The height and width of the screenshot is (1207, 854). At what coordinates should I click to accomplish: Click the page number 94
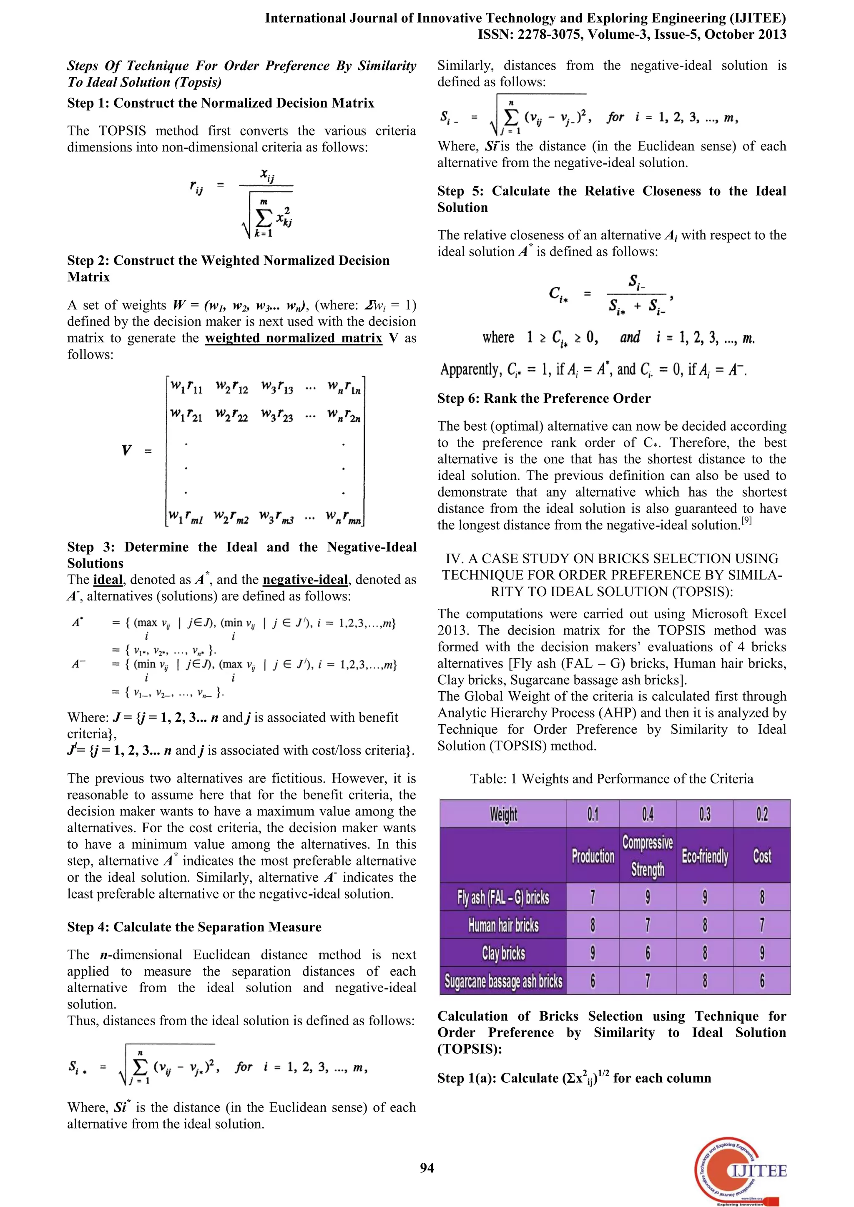coord(427,1167)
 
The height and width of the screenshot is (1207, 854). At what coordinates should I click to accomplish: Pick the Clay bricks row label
coord(503,953)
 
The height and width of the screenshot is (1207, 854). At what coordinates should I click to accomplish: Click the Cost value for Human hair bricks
coord(761,925)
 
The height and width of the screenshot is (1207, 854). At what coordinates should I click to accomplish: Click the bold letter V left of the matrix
coord(126,451)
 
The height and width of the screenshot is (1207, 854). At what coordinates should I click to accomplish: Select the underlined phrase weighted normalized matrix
coord(294,338)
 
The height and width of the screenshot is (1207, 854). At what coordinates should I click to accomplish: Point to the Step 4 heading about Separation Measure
coord(194,927)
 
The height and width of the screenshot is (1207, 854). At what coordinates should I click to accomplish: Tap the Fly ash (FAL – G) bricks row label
coord(503,897)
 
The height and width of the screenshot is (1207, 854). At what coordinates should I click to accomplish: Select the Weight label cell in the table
coord(503,814)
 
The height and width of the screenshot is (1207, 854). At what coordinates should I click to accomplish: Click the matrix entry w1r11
coord(186,387)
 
